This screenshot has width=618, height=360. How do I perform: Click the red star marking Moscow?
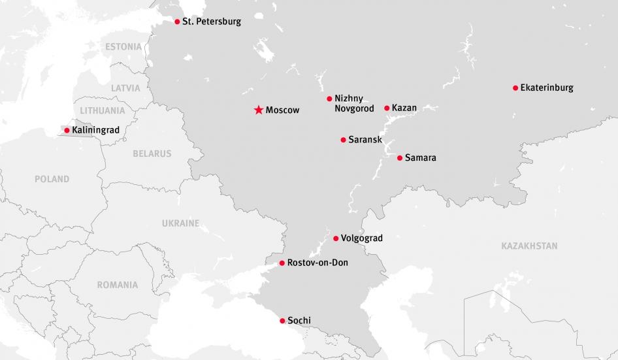259,110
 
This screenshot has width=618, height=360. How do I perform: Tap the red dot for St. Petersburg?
177,22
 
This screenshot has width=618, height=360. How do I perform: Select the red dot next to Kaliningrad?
67,131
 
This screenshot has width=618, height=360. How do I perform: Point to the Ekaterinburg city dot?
515,88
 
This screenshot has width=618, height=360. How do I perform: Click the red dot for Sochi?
282,321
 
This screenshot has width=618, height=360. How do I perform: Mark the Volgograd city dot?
336,238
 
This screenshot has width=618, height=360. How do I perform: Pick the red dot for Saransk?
344,140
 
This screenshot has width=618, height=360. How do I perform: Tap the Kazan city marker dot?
387,108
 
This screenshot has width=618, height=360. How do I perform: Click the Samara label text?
420,158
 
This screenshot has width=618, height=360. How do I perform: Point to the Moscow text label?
282,110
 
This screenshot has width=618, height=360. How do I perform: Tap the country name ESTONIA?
123,47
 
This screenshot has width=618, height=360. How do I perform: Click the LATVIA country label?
125,88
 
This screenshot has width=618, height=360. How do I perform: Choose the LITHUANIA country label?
103,111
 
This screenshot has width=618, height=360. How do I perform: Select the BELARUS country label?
152,154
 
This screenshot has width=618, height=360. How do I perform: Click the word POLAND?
52,179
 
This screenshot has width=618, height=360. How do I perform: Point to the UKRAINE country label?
180,223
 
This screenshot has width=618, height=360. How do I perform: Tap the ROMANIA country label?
118,285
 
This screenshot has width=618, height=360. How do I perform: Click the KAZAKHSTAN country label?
529,246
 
